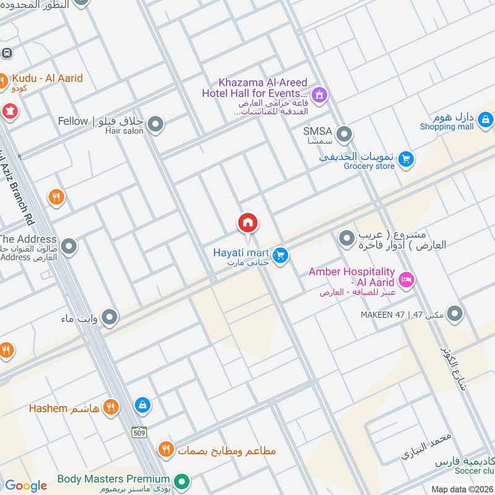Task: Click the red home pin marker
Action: pyautogui.click(x=247, y=223)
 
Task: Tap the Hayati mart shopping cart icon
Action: pyautogui.click(x=281, y=255)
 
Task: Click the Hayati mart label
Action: pyautogui.click(x=240, y=252)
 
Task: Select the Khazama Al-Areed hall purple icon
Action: pyautogui.click(x=319, y=95)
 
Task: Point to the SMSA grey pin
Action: pyautogui.click(x=345, y=134)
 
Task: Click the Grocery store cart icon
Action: pyautogui.click(x=406, y=160)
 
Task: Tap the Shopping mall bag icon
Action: pyautogui.click(x=486, y=119)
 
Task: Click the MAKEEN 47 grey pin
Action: pyautogui.click(x=455, y=314)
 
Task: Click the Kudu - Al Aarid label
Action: pyautogui.click(x=46, y=79)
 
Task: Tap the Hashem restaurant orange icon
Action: pyautogui.click(x=111, y=407)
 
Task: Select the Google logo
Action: pyautogui.click(x=26, y=486)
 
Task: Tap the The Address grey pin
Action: pyautogui.click(x=69, y=247)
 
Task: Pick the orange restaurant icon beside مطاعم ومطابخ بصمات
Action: pyautogui.click(x=165, y=449)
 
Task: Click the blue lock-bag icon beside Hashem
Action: pyautogui.click(x=142, y=406)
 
